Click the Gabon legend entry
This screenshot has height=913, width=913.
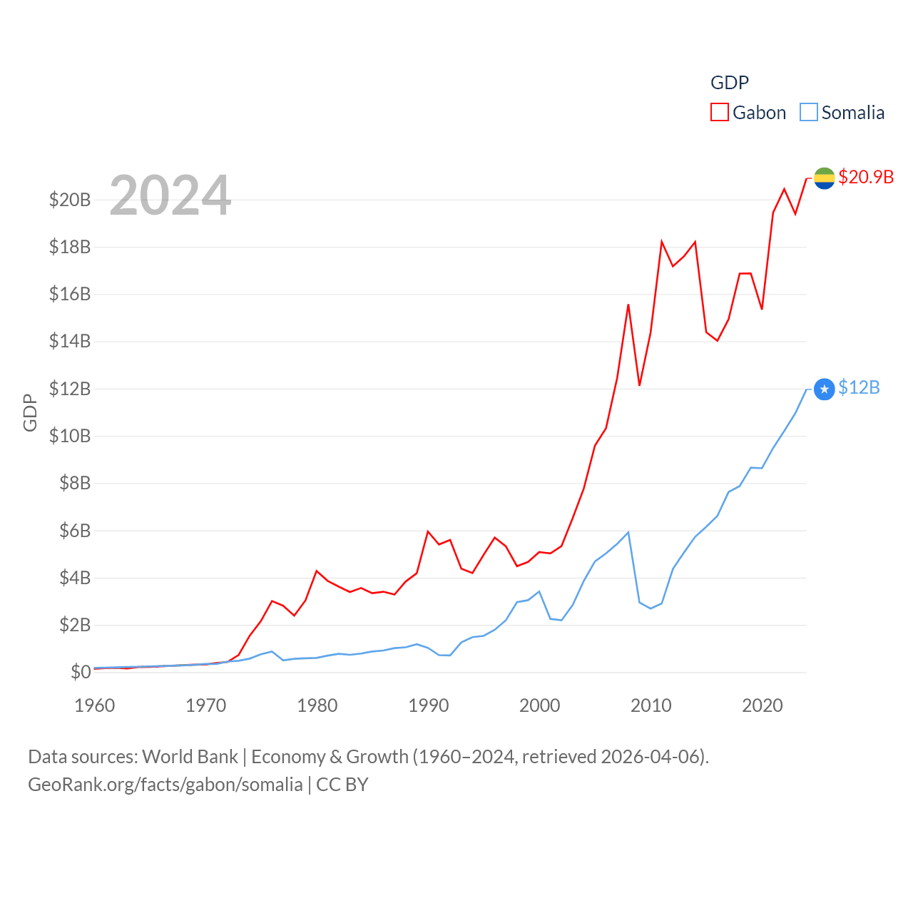[749, 113]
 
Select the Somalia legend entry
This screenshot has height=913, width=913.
[842, 113]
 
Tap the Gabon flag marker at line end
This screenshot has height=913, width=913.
[824, 178]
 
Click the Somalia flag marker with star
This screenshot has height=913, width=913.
[824, 389]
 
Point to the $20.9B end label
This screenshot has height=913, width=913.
[866, 177]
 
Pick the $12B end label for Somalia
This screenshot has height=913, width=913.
[859, 387]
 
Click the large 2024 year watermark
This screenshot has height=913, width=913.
[170, 195]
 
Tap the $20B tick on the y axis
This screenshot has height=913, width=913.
[70, 200]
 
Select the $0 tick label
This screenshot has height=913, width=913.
[81, 672]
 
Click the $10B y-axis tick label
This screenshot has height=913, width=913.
[70, 436]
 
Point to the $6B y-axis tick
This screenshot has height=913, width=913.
[74, 531]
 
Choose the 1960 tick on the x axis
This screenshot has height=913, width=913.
[95, 705]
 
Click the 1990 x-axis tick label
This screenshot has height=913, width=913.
[429, 705]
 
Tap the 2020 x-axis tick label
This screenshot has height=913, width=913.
[762, 705]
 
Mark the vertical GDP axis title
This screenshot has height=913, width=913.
[30, 412]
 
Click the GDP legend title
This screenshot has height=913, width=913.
[730, 83]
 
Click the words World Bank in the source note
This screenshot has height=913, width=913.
[190, 757]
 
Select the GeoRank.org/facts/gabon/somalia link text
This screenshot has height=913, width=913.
[165, 785]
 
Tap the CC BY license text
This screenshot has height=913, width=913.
[342, 785]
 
